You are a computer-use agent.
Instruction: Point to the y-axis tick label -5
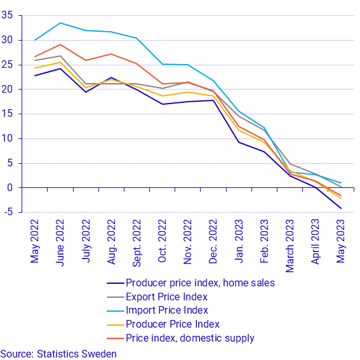point(9,212)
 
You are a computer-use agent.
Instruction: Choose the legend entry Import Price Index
point(167,310)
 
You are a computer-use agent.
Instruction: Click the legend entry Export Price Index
point(167,297)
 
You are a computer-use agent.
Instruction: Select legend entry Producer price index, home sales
point(200,283)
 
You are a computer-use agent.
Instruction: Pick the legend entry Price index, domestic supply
point(190,338)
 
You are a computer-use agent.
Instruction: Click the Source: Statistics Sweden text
point(58,354)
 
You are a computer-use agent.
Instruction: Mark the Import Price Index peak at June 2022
point(60,23)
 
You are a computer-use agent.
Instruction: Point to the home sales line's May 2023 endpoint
point(341,208)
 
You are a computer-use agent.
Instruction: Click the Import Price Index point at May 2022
point(36,40)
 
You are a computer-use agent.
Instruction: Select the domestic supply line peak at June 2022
point(60,44)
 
